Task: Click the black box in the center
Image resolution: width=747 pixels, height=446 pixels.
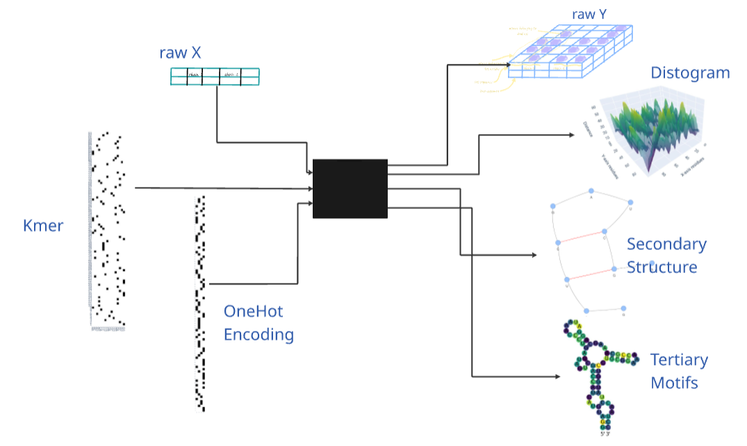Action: coord(350,188)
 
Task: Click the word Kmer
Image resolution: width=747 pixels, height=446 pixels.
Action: coord(43,225)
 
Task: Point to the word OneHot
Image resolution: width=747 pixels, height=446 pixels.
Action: coord(253,311)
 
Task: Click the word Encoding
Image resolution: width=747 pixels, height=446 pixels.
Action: coord(258,334)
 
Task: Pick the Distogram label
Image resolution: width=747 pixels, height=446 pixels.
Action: coord(690,72)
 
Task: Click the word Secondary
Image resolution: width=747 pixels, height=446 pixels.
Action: coord(666,244)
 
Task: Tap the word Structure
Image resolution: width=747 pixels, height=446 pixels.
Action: coord(662,267)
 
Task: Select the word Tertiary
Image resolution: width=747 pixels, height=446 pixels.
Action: coord(679,360)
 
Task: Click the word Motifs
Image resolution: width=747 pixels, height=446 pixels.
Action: coord(674,382)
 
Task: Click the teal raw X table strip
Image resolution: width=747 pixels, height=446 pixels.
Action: coord(215,76)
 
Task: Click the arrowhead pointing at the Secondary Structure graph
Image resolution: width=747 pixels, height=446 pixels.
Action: coord(534,255)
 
